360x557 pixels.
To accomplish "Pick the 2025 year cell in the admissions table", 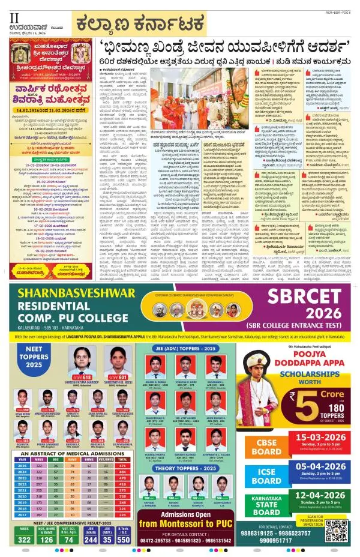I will pyautogui.click(x=23, y=465).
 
